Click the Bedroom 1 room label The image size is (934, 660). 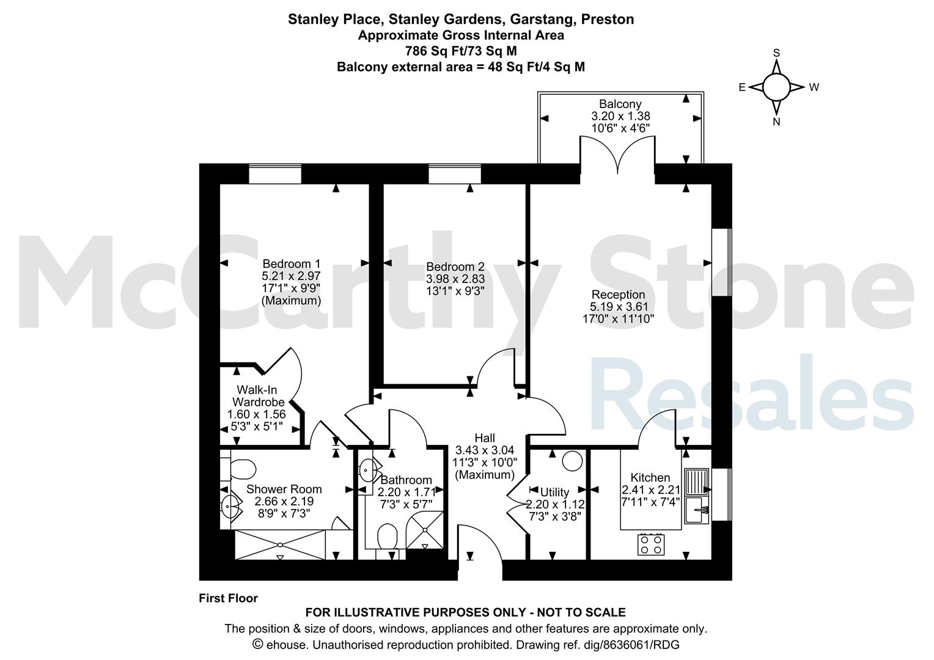pos(292,264)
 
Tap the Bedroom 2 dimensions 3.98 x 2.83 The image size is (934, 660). pos(455,279)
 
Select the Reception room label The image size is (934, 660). pos(618,295)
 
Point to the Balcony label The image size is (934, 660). pos(620,104)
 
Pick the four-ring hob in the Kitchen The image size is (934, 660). pos(651,544)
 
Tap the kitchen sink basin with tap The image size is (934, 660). pos(696,510)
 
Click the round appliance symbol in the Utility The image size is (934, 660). pos(573,461)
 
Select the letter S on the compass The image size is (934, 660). pos(776,53)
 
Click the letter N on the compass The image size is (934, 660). pos(776,122)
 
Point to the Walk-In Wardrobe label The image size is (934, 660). pos(258,396)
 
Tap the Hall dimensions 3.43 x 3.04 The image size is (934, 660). pos(485,450)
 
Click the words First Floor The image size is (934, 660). pos(228,598)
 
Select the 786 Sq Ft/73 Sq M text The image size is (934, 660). pos(461,51)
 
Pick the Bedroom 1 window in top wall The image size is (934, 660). pos(275,174)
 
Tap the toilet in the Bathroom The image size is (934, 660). pos(388,537)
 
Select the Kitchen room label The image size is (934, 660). pos(650,477)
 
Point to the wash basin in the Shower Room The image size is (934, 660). pos(230,507)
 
